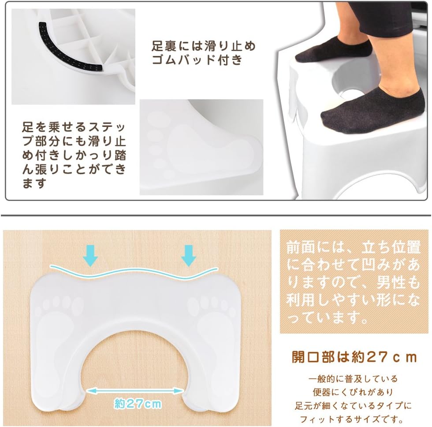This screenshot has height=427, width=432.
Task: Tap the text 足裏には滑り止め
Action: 204,46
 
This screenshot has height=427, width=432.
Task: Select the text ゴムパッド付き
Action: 197,60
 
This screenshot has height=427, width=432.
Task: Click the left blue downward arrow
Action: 91,255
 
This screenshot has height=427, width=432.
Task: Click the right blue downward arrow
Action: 189,255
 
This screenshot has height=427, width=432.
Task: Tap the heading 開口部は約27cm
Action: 354,356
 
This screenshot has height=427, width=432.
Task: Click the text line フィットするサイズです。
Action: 354,419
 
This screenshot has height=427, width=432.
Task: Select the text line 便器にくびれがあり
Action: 354,392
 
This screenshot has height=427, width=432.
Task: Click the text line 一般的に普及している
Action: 354,379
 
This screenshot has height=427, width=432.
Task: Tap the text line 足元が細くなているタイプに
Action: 354,405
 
